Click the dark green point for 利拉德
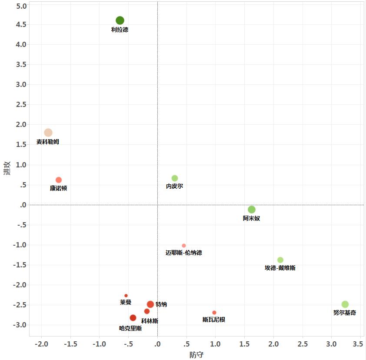(x=120, y=20)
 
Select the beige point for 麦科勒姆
(x=48, y=133)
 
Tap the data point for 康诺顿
(x=59, y=180)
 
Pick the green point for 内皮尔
(x=175, y=178)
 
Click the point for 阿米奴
(x=252, y=210)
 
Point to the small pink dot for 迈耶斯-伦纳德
(x=184, y=246)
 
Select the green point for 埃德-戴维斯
(x=280, y=260)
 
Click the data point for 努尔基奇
(x=345, y=304)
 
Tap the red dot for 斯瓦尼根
(x=214, y=313)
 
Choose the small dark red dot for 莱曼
(x=126, y=296)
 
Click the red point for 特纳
(x=150, y=304)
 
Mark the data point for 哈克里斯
(x=133, y=318)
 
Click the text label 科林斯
(x=150, y=321)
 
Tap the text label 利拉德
(x=120, y=30)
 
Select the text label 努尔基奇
(x=344, y=313)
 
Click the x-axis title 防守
(x=196, y=355)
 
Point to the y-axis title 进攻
(x=7, y=169)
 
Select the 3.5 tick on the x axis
(x=358, y=344)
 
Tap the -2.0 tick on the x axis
(x=41, y=344)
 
